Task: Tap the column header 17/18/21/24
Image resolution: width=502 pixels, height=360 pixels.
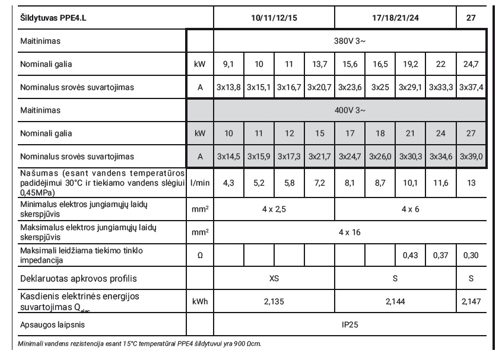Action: click(x=396, y=18)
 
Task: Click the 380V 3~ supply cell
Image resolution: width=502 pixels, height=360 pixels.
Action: click(x=350, y=42)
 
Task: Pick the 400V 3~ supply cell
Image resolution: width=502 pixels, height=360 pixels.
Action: click(x=350, y=110)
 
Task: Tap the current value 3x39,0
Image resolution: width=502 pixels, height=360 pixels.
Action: click(x=472, y=157)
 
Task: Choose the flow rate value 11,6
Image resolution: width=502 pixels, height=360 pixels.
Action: click(x=441, y=184)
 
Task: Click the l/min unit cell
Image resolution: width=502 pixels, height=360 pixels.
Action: click(x=199, y=184)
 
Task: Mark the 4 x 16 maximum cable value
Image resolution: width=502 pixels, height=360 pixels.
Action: click(x=350, y=231)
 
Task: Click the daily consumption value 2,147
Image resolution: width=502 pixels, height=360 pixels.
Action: click(x=472, y=301)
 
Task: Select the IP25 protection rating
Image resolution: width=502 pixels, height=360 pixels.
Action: click(x=350, y=325)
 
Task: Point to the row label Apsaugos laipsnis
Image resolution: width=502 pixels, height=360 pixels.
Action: click(x=42, y=325)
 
